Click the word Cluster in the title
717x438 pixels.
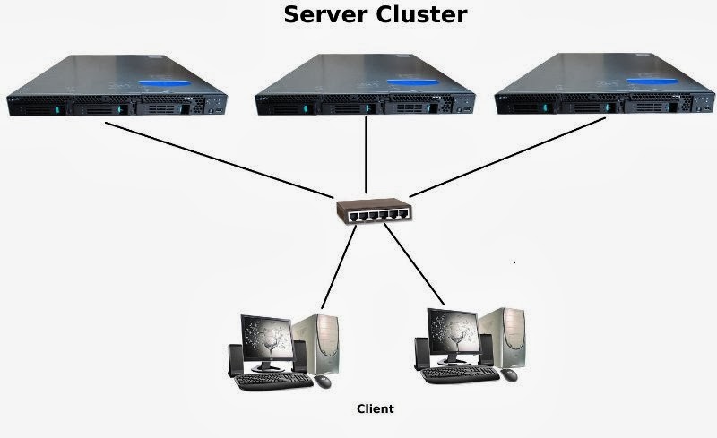pyautogui.click(x=421, y=15)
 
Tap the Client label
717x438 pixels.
pyautogui.click(x=375, y=409)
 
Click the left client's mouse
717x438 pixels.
pyautogui.click(x=323, y=381)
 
